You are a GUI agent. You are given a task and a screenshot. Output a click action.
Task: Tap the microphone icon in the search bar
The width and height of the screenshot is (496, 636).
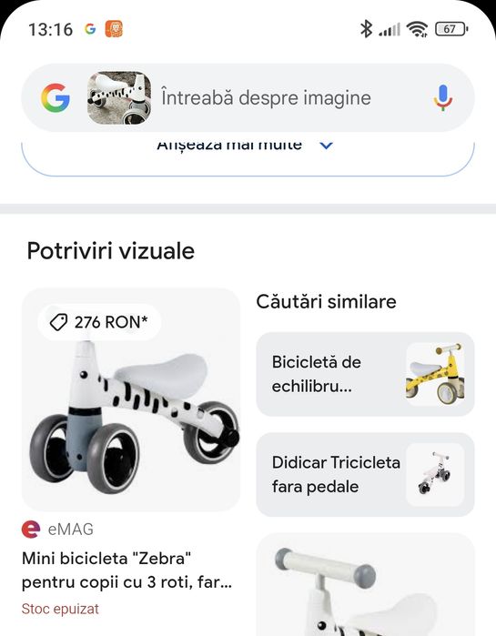click(x=443, y=97)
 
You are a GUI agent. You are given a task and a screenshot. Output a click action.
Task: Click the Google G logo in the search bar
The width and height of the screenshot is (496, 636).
click(x=56, y=97)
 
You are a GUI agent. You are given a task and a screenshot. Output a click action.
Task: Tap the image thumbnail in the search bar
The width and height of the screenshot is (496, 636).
click(x=119, y=97)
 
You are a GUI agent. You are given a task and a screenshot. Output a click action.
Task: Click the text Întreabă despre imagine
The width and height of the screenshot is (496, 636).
click(x=266, y=97)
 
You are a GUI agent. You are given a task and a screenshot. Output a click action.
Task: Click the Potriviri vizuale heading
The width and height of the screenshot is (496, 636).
click(x=111, y=250)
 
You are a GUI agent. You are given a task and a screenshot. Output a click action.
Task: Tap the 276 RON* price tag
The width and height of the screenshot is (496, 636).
click(x=104, y=321)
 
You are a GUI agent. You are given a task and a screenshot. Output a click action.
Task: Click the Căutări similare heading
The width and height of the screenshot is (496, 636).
click(x=326, y=301)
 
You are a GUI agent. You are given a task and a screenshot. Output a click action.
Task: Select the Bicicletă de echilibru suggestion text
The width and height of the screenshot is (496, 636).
click(x=317, y=374)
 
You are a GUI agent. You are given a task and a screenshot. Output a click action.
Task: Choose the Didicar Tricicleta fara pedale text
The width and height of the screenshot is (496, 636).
click(x=336, y=474)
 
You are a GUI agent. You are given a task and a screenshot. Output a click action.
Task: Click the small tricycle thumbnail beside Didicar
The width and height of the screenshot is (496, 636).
click(x=435, y=474)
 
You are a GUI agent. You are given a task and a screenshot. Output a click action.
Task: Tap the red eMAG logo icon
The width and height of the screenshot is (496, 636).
click(x=31, y=529)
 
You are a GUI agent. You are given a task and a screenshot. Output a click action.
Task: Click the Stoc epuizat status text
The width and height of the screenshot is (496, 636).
click(x=60, y=609)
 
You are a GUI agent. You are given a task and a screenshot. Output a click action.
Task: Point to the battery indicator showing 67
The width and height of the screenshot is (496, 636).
click(x=450, y=29)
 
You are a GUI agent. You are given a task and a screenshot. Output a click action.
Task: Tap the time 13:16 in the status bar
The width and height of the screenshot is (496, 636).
click(x=50, y=29)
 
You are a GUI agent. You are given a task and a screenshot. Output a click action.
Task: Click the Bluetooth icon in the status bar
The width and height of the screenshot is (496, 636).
click(x=366, y=29)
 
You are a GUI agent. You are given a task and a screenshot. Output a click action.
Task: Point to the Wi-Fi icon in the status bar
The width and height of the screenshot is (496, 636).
click(x=418, y=29)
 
